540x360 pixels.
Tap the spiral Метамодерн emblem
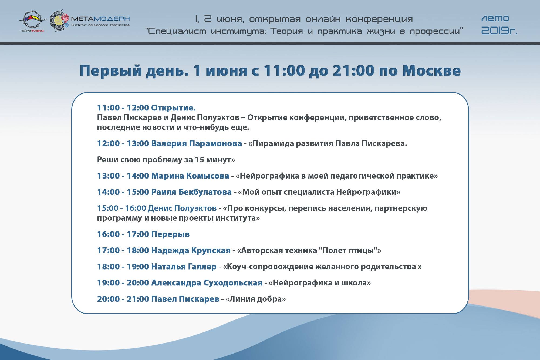pos(59,21)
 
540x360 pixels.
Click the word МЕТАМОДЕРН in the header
pos(100,19)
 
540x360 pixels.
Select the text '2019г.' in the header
pos(499,31)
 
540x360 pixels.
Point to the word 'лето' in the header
pos(495,19)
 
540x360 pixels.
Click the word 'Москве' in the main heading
pos(431,70)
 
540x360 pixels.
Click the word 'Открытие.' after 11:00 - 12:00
pos(173,108)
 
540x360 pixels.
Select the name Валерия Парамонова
pos(197,143)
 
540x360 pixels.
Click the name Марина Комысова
pos(190,176)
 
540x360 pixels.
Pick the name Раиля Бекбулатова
pos(191,192)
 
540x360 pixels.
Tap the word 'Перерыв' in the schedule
pos(170,234)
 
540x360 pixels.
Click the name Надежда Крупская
pos(191,250)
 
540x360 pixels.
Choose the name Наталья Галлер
pos(184,267)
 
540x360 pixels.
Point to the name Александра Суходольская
pos(207,283)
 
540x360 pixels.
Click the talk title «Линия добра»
pos(256,299)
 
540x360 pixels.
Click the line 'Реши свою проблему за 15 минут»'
pos(166,160)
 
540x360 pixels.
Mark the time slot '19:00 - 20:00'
pos(123,283)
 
